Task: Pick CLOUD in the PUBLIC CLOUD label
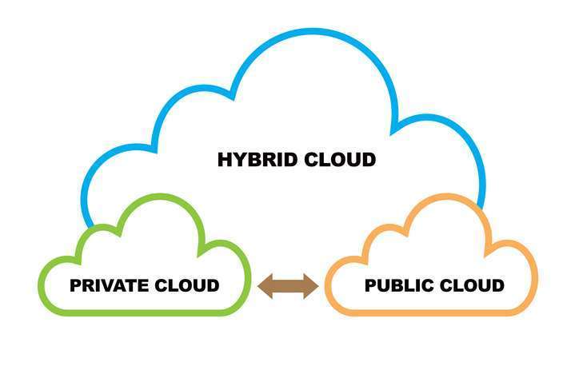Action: [x=467, y=285]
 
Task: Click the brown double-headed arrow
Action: [x=288, y=285]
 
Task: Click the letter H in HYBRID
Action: [x=225, y=160]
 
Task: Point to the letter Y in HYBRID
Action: [x=239, y=160]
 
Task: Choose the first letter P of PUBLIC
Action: [x=370, y=285]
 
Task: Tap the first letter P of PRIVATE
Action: [x=75, y=285]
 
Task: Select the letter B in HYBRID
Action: [x=253, y=160]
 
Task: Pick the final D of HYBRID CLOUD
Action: [x=368, y=160]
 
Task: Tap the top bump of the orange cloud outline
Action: [x=442, y=198]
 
